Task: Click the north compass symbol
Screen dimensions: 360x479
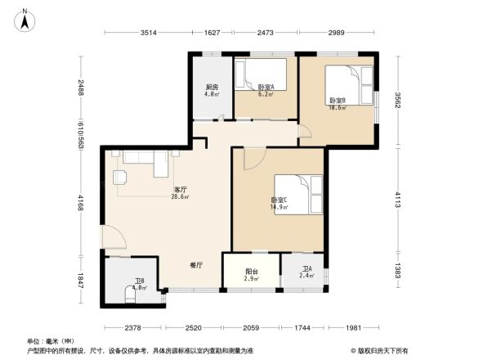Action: [25, 19]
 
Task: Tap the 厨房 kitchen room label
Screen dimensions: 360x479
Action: [211, 88]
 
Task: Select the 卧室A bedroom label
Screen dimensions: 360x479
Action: [266, 88]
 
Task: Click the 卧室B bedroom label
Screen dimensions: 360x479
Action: [338, 101]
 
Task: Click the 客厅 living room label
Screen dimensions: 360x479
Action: [181, 191]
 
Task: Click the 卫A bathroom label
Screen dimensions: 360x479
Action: [307, 270]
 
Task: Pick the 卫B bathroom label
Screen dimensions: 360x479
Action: [139, 282]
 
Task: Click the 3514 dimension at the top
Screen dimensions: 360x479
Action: [148, 33]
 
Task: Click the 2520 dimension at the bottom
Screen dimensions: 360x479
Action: [193, 327]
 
